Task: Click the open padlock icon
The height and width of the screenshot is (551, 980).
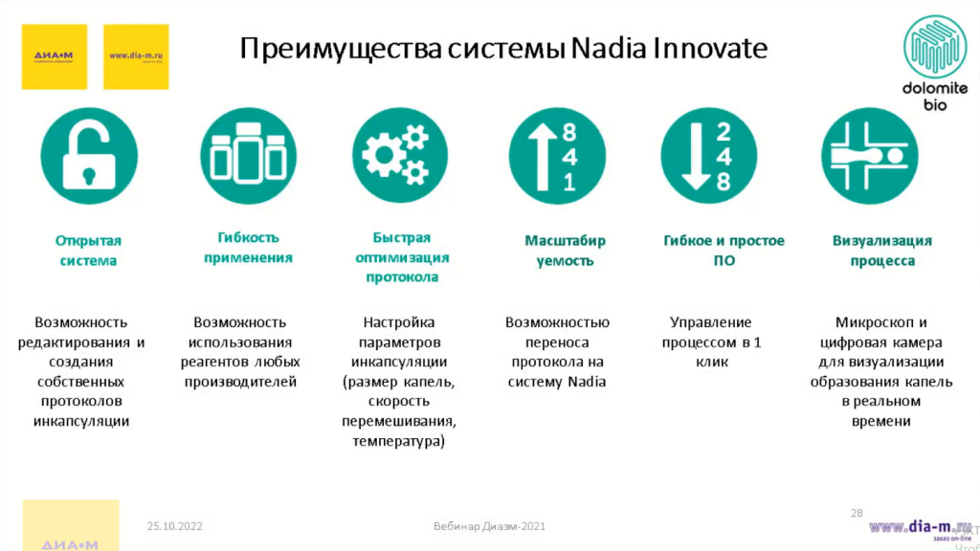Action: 89,156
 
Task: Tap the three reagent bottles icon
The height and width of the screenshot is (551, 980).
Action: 248,156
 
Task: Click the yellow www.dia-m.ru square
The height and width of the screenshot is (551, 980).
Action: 136,56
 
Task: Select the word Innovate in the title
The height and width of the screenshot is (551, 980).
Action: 710,47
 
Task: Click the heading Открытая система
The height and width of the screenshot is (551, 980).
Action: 88,251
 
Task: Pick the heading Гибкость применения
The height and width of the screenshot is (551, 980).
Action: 248,247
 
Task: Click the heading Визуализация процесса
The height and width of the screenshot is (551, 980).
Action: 882,251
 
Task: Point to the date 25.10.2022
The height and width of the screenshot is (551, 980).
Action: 174,526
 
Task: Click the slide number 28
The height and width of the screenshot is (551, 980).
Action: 857,514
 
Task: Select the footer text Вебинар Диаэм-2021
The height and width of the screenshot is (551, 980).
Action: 490,526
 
